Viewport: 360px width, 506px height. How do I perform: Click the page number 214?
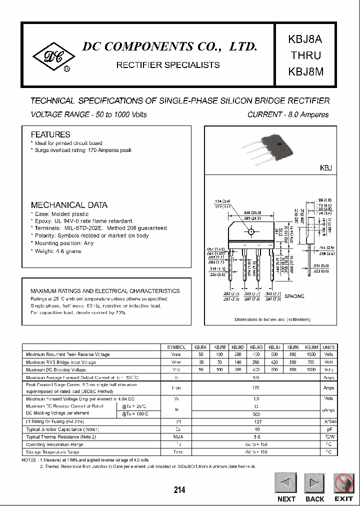[179, 490]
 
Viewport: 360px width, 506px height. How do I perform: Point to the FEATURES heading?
[50, 134]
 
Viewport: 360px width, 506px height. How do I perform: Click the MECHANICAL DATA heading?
[69, 205]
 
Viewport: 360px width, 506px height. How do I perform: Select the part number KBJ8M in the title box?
[305, 71]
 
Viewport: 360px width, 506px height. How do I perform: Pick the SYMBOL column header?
[176, 347]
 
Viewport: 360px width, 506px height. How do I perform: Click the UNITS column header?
[328, 347]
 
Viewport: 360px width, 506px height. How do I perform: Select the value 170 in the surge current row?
[256, 387]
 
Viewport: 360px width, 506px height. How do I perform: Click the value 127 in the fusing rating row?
[256, 421]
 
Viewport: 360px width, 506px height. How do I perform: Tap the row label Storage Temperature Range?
[55, 452]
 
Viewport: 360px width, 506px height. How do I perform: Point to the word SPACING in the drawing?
[294, 296]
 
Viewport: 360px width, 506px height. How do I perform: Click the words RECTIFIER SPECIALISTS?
[167, 65]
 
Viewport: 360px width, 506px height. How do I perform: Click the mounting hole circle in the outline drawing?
[251, 231]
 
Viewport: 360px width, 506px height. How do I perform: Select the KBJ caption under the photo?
[325, 168]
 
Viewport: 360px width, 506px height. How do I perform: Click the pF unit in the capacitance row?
[328, 429]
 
